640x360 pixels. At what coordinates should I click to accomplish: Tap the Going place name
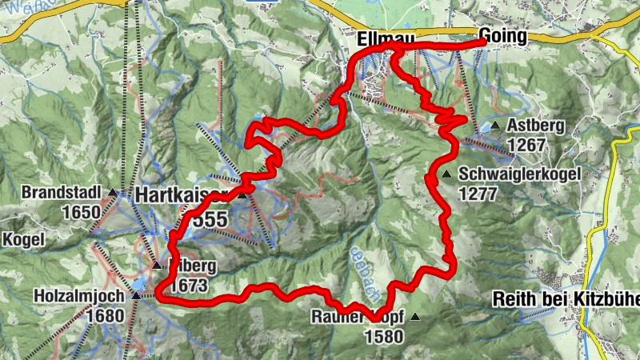(503, 36)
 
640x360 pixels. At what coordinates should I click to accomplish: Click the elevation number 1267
(526, 145)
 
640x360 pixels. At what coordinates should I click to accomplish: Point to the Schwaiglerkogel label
(519, 174)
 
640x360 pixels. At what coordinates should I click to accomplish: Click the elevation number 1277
(478, 193)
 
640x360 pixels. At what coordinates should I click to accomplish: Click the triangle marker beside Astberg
(496, 126)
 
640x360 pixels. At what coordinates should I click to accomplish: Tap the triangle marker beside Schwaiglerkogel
(446, 174)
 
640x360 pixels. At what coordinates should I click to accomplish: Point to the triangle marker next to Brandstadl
(113, 193)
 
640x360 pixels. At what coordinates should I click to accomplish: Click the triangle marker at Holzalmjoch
(135, 295)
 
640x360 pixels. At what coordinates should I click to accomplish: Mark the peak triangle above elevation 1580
(414, 317)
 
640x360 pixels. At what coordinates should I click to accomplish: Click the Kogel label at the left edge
(19, 239)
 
